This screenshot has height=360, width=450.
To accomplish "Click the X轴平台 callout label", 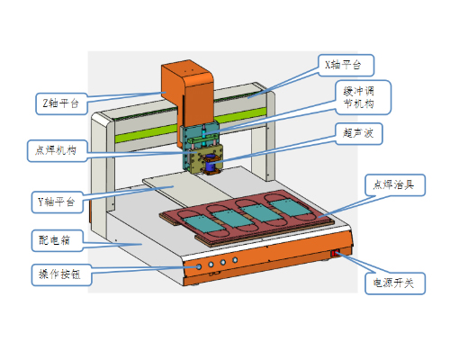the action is [x=346, y=65].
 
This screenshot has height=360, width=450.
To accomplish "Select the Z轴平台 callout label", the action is [x=61, y=103].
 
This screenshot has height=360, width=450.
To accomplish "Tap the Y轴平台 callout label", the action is [x=57, y=202].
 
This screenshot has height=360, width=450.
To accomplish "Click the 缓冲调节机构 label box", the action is [x=363, y=97].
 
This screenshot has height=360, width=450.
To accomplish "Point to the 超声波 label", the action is [x=358, y=134].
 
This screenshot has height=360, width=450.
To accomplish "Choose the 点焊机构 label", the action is [x=58, y=150].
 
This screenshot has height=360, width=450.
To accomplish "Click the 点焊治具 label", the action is [x=395, y=184].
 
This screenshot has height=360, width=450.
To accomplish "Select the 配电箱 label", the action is [x=57, y=240].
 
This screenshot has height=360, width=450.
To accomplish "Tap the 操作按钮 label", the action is [x=61, y=274].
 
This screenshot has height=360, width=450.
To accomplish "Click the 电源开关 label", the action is [x=395, y=283].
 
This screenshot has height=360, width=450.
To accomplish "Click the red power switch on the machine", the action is [x=335, y=254].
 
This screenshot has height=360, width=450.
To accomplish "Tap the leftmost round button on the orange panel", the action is [x=199, y=266].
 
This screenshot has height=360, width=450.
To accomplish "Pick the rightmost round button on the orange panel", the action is [x=235, y=260].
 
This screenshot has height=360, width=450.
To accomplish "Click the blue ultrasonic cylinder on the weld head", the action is [x=211, y=163].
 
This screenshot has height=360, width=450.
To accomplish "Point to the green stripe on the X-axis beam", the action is [x=192, y=125].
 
